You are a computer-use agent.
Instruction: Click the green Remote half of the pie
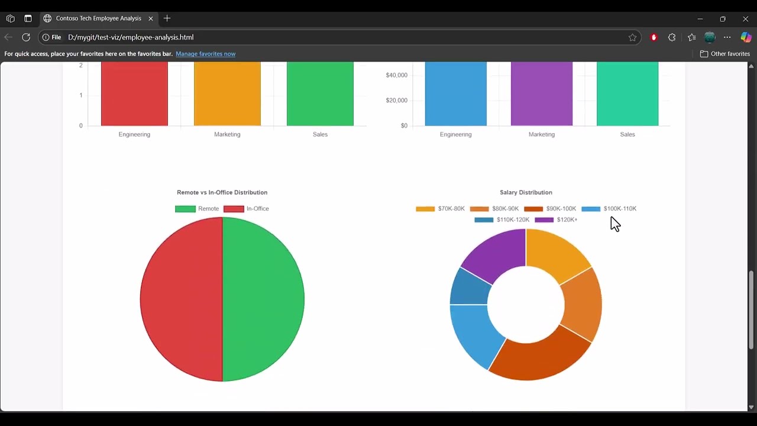263,299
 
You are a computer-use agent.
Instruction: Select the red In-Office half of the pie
181,299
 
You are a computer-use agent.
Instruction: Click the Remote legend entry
197,209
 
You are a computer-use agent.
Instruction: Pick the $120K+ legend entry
556,220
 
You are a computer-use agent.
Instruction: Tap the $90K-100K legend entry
550,209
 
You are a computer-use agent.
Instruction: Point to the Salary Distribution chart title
526,192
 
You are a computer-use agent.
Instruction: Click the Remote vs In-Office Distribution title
222,192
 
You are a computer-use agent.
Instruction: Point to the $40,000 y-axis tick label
396,75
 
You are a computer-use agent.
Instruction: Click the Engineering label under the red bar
134,134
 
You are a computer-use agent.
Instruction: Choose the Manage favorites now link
205,54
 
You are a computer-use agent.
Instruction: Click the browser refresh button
26,37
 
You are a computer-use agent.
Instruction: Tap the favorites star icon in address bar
632,37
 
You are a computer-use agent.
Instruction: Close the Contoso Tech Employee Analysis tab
151,18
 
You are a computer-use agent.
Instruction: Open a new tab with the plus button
167,18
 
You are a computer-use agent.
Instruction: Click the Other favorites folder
724,54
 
